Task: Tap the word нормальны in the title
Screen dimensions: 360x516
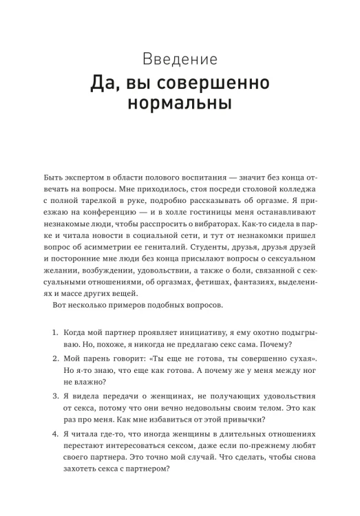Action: (180, 107)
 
